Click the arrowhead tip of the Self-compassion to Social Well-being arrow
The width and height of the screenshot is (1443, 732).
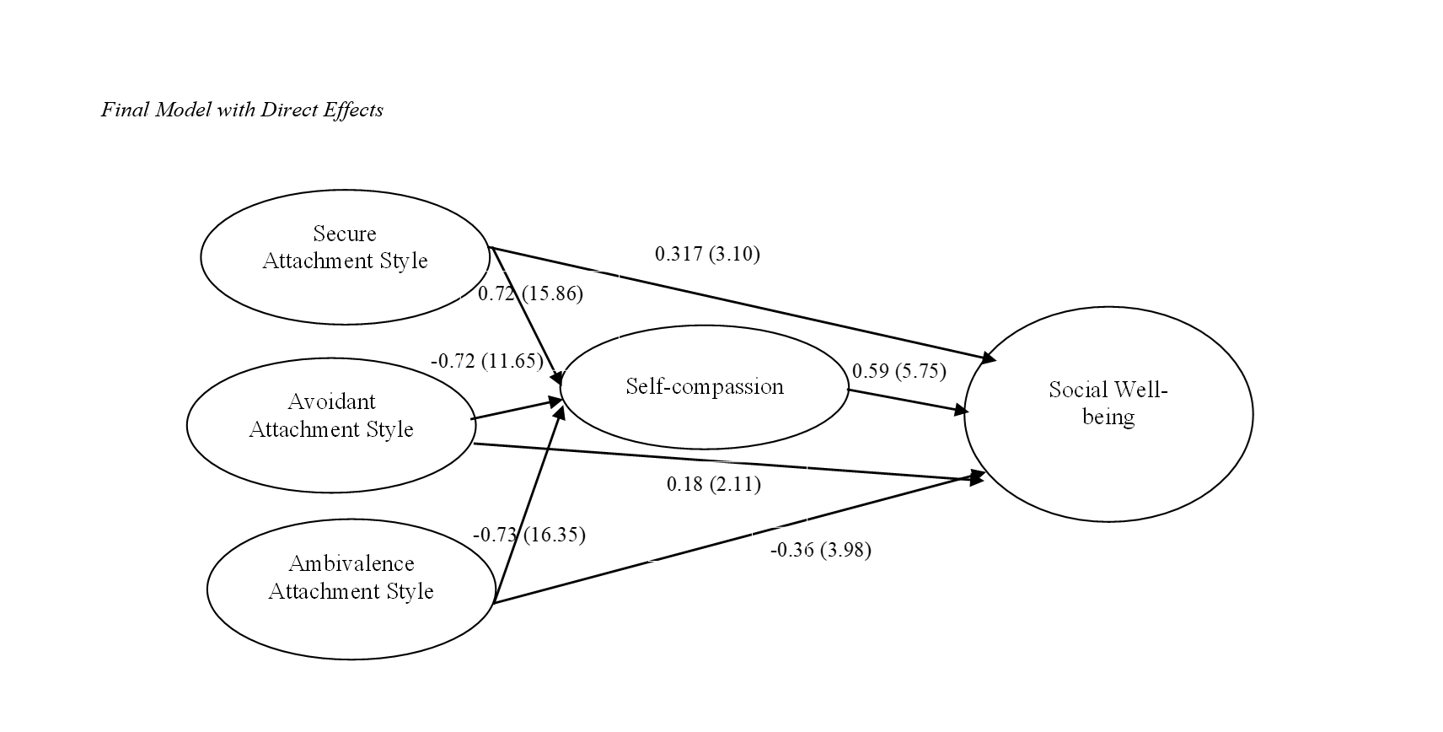click(968, 412)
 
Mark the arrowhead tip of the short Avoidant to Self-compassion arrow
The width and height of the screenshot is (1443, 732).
click(565, 400)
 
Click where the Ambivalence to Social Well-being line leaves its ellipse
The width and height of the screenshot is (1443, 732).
click(494, 603)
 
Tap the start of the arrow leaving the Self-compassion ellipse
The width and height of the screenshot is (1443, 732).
click(848, 390)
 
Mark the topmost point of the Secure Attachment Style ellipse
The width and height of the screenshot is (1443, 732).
click(346, 190)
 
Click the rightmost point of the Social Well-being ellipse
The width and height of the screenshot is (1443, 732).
click(1253, 414)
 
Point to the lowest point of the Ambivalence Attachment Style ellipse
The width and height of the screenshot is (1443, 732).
click(351, 659)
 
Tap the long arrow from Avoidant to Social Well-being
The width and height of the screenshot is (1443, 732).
click(729, 461)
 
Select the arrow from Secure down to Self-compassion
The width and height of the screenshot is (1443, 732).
click(527, 316)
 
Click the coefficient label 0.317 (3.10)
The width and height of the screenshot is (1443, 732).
click(707, 254)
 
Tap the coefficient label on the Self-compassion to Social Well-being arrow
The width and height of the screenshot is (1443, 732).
click(899, 371)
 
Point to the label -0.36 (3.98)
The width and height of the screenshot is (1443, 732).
click(821, 551)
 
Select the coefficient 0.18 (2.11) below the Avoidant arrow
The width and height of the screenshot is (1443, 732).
click(714, 484)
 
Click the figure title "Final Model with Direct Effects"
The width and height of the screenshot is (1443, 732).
click(242, 110)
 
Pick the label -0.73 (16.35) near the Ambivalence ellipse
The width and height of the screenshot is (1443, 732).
click(528, 535)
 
